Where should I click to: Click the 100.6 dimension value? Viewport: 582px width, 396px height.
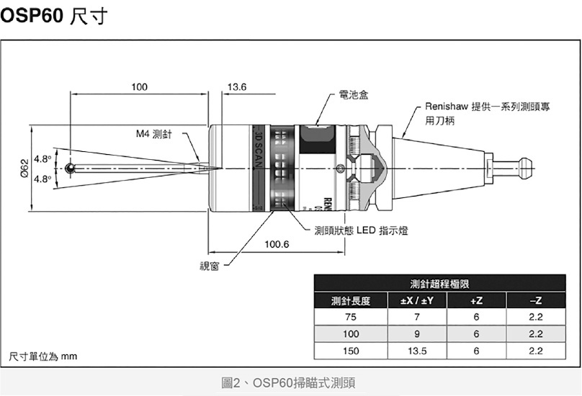point(277,245)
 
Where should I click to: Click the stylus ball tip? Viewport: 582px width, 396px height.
point(69,168)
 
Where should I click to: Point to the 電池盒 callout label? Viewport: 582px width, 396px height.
point(353,95)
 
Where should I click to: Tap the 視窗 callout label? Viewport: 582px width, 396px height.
point(210,266)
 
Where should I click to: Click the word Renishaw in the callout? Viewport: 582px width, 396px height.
point(446,107)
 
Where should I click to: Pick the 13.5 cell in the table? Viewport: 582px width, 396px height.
point(416,351)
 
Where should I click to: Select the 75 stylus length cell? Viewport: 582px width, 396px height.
point(351,318)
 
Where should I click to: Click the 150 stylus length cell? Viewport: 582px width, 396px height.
point(351,351)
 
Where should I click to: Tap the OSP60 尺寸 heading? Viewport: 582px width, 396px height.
point(54,17)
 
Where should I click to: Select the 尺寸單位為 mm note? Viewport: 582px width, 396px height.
point(42,356)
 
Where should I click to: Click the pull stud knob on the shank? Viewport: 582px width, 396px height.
point(521,168)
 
